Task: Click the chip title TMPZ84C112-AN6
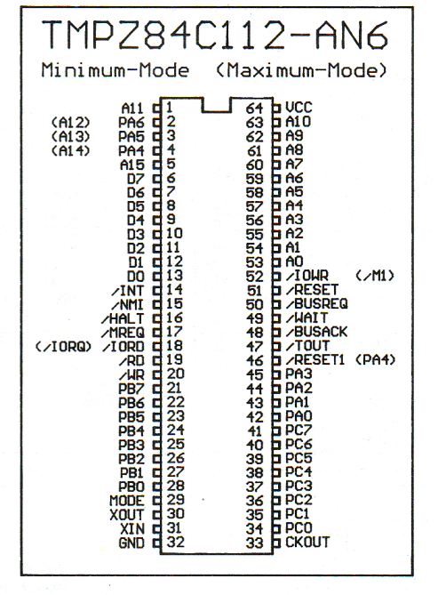coord(215,35)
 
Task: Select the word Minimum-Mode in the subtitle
coord(115,70)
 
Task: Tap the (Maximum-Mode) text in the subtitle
coord(301,70)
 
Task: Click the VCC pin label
coord(299,108)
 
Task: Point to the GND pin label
coord(131,543)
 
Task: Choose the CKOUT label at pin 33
coord(307,542)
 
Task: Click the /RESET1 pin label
coord(315,359)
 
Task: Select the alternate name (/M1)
coord(375,276)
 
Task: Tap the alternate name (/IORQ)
coord(63,346)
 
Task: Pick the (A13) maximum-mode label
coord(70,136)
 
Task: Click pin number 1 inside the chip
coord(170,108)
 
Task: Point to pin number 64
coord(254,109)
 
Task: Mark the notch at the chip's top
coord(217,111)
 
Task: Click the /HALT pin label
coord(123,318)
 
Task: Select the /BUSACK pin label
coord(316,332)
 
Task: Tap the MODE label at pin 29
coord(127,501)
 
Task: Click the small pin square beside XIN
coord(156,528)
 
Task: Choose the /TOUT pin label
coord(307,346)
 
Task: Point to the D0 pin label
coord(136,277)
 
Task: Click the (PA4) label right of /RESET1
coord(376,359)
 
